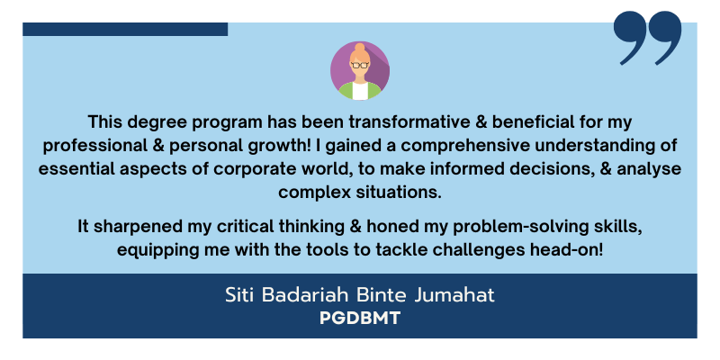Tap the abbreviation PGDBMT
(360, 319)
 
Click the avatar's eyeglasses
(360, 65)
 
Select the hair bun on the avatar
(360, 47)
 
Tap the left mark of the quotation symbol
(631, 37)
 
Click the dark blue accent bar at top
(125, 29)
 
